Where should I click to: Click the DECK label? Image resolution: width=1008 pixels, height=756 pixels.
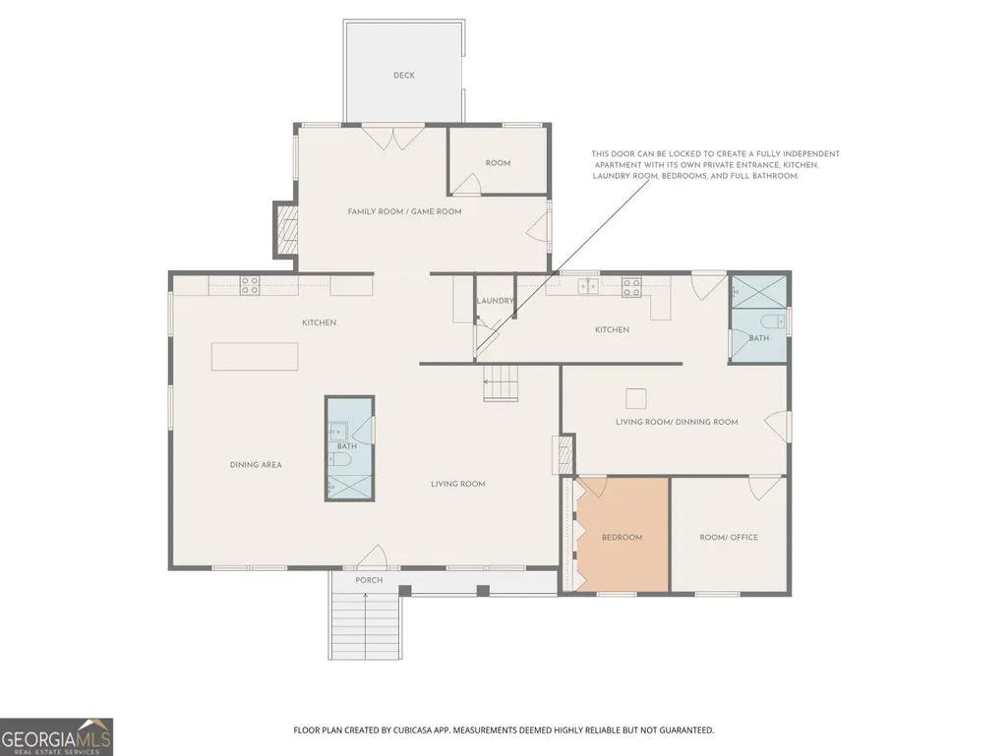(x=404, y=76)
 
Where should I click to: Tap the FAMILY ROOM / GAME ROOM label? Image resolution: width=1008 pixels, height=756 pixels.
(x=404, y=211)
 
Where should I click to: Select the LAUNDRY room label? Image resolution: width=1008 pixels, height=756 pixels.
(x=495, y=301)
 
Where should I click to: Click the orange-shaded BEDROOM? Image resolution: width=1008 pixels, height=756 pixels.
(x=623, y=534)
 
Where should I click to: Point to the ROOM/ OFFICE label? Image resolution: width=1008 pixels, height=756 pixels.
(x=729, y=538)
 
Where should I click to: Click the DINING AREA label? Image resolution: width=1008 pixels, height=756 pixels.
(x=256, y=465)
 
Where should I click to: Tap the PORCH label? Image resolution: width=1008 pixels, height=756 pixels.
(x=369, y=580)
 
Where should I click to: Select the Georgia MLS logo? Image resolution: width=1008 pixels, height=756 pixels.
(x=57, y=736)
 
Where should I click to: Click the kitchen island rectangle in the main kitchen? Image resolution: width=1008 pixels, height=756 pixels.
(x=255, y=356)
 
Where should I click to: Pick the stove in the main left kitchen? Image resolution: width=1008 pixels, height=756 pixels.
(x=250, y=285)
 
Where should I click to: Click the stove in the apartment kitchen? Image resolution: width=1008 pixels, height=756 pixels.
(x=631, y=287)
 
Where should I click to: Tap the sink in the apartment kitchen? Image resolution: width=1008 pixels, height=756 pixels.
(x=587, y=286)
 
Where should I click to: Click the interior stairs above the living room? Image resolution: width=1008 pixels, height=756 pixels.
(x=501, y=383)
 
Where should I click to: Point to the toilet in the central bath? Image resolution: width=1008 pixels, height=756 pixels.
(x=338, y=459)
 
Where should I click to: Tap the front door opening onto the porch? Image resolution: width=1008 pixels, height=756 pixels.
(x=373, y=556)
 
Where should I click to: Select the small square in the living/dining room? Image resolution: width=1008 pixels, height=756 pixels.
(x=636, y=398)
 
